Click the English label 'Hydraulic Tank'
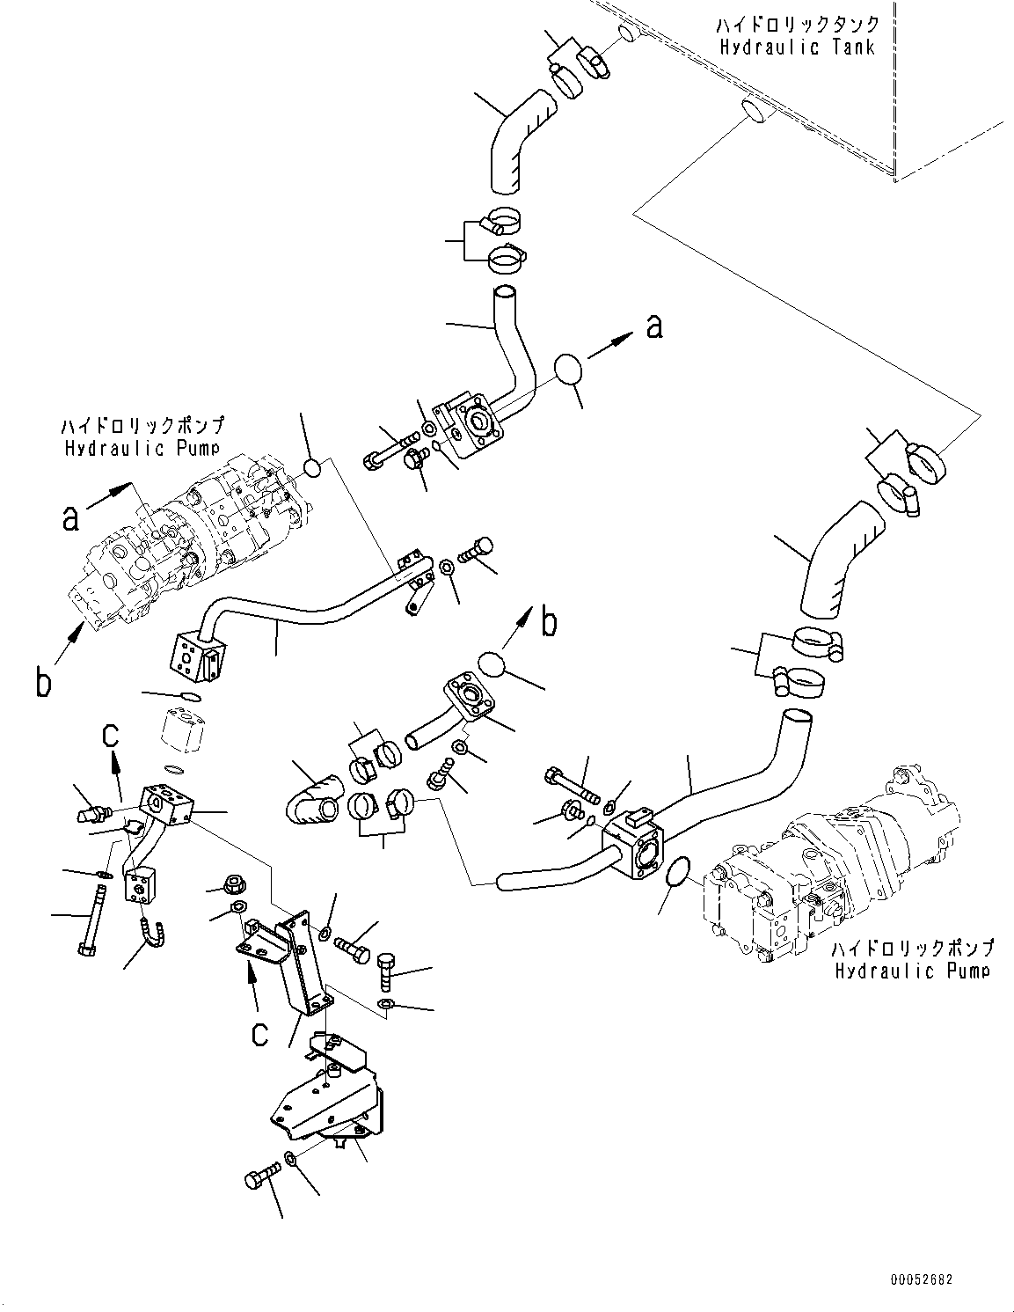click(798, 47)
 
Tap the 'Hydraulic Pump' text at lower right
click(912, 971)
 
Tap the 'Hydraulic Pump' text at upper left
click(142, 449)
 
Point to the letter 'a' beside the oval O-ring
click(653, 327)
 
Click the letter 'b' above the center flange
click(549, 623)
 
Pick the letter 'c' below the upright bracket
click(259, 1033)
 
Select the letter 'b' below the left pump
click(43, 682)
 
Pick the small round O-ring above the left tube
click(313, 468)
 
